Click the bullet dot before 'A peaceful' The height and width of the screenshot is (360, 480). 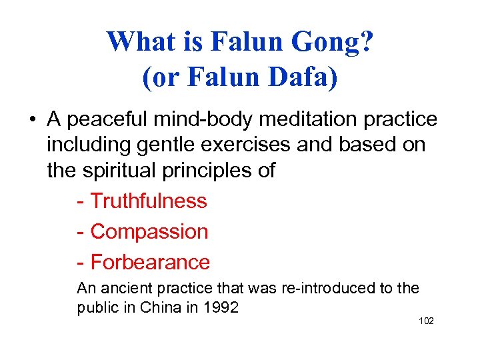tap(32, 121)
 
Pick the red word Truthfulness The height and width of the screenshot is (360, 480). tap(148, 201)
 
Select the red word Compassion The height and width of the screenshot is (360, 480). tap(149, 231)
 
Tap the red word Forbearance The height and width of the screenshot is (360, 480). tap(150, 262)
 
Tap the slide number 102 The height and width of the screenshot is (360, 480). tap(426, 321)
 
